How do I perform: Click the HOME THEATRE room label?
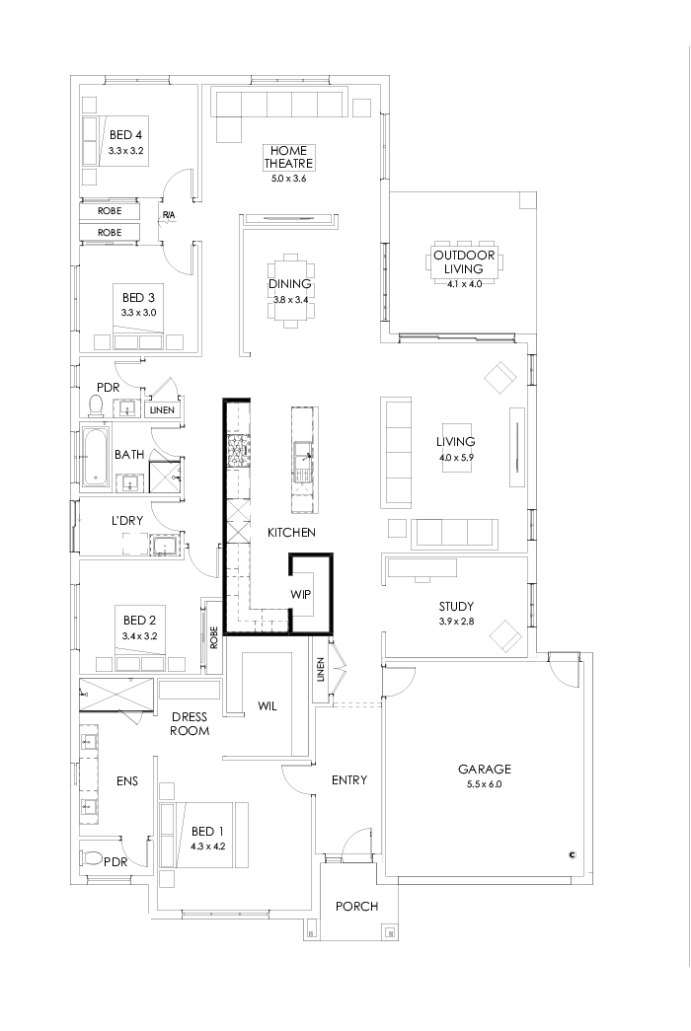pyautogui.click(x=288, y=157)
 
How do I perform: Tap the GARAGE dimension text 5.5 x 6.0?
pyautogui.click(x=481, y=784)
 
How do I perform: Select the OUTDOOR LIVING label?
pyautogui.click(x=463, y=261)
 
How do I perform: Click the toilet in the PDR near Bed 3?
pyautogui.click(x=97, y=405)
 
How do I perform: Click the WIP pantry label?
pyautogui.click(x=301, y=595)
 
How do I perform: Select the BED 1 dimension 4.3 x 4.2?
pyautogui.click(x=208, y=846)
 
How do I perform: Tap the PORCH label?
pyautogui.click(x=356, y=906)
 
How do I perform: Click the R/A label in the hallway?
pyautogui.click(x=169, y=215)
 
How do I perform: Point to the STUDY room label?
pyautogui.click(x=456, y=606)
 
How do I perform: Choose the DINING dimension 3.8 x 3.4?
pyautogui.click(x=289, y=299)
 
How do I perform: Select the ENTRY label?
pyautogui.click(x=348, y=780)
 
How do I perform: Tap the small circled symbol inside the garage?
pyautogui.click(x=572, y=854)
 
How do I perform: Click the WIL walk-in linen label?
pyautogui.click(x=268, y=705)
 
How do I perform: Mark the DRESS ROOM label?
pyautogui.click(x=189, y=723)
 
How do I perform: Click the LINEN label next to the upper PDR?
pyautogui.click(x=162, y=409)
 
